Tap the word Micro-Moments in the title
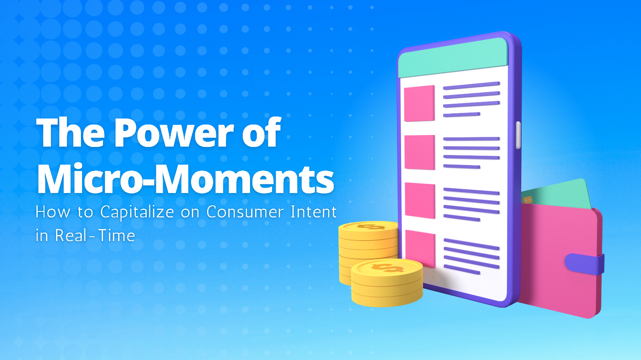pyautogui.click(x=185, y=179)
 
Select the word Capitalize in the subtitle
pyautogui.click(x=137, y=213)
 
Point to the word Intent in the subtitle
pyautogui.click(x=314, y=212)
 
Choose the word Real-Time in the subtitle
pyautogui.click(x=95, y=235)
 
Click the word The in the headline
pyautogui.click(x=71, y=133)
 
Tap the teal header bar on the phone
pyautogui.click(x=453, y=57)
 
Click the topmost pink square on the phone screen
pyautogui.click(x=419, y=103)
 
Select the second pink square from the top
pyautogui.click(x=419, y=152)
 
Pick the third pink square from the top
pyautogui.click(x=420, y=201)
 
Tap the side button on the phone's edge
pyautogui.click(x=518, y=135)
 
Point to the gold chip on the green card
pyautogui.click(x=528, y=199)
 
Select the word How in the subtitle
pyautogui.click(x=53, y=212)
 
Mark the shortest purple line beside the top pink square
pyautogui.click(x=462, y=115)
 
